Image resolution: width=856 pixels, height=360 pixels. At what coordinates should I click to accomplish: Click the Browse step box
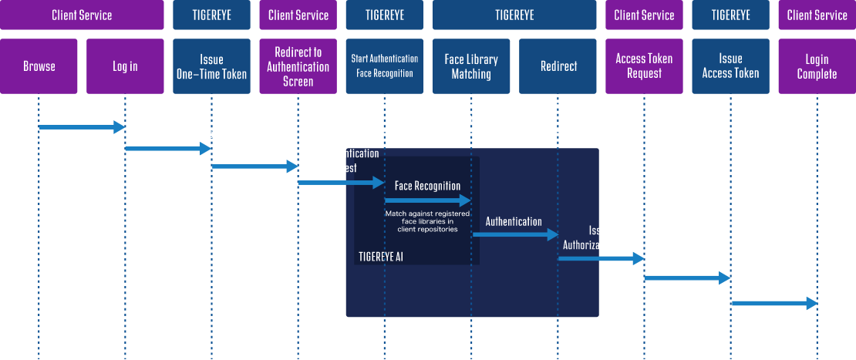[39, 66]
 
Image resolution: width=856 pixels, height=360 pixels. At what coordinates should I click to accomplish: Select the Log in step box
[125, 66]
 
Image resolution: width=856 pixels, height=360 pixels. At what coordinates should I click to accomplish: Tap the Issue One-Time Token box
[211, 66]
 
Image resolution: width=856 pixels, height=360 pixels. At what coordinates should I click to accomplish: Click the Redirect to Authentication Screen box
[298, 66]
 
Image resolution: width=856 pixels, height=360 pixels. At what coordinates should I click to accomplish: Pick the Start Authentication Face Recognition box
[384, 66]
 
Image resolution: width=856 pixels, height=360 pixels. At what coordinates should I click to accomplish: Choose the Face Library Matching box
[471, 66]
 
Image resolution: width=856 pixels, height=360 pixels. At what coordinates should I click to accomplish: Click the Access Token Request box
[644, 66]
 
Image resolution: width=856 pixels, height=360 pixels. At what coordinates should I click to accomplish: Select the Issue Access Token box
[730, 66]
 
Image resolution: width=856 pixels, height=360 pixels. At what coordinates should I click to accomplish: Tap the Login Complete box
[817, 66]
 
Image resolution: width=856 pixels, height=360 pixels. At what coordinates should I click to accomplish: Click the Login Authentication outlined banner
[472, 118]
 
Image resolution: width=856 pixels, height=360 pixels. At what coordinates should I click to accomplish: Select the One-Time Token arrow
[254, 165]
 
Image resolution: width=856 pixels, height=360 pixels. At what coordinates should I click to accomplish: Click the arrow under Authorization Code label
[687, 278]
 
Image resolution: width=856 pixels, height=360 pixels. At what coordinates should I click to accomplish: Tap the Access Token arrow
[773, 304]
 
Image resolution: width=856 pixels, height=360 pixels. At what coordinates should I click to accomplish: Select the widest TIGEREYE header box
[514, 15]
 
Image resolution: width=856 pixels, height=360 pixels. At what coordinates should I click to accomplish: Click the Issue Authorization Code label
[599, 238]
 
